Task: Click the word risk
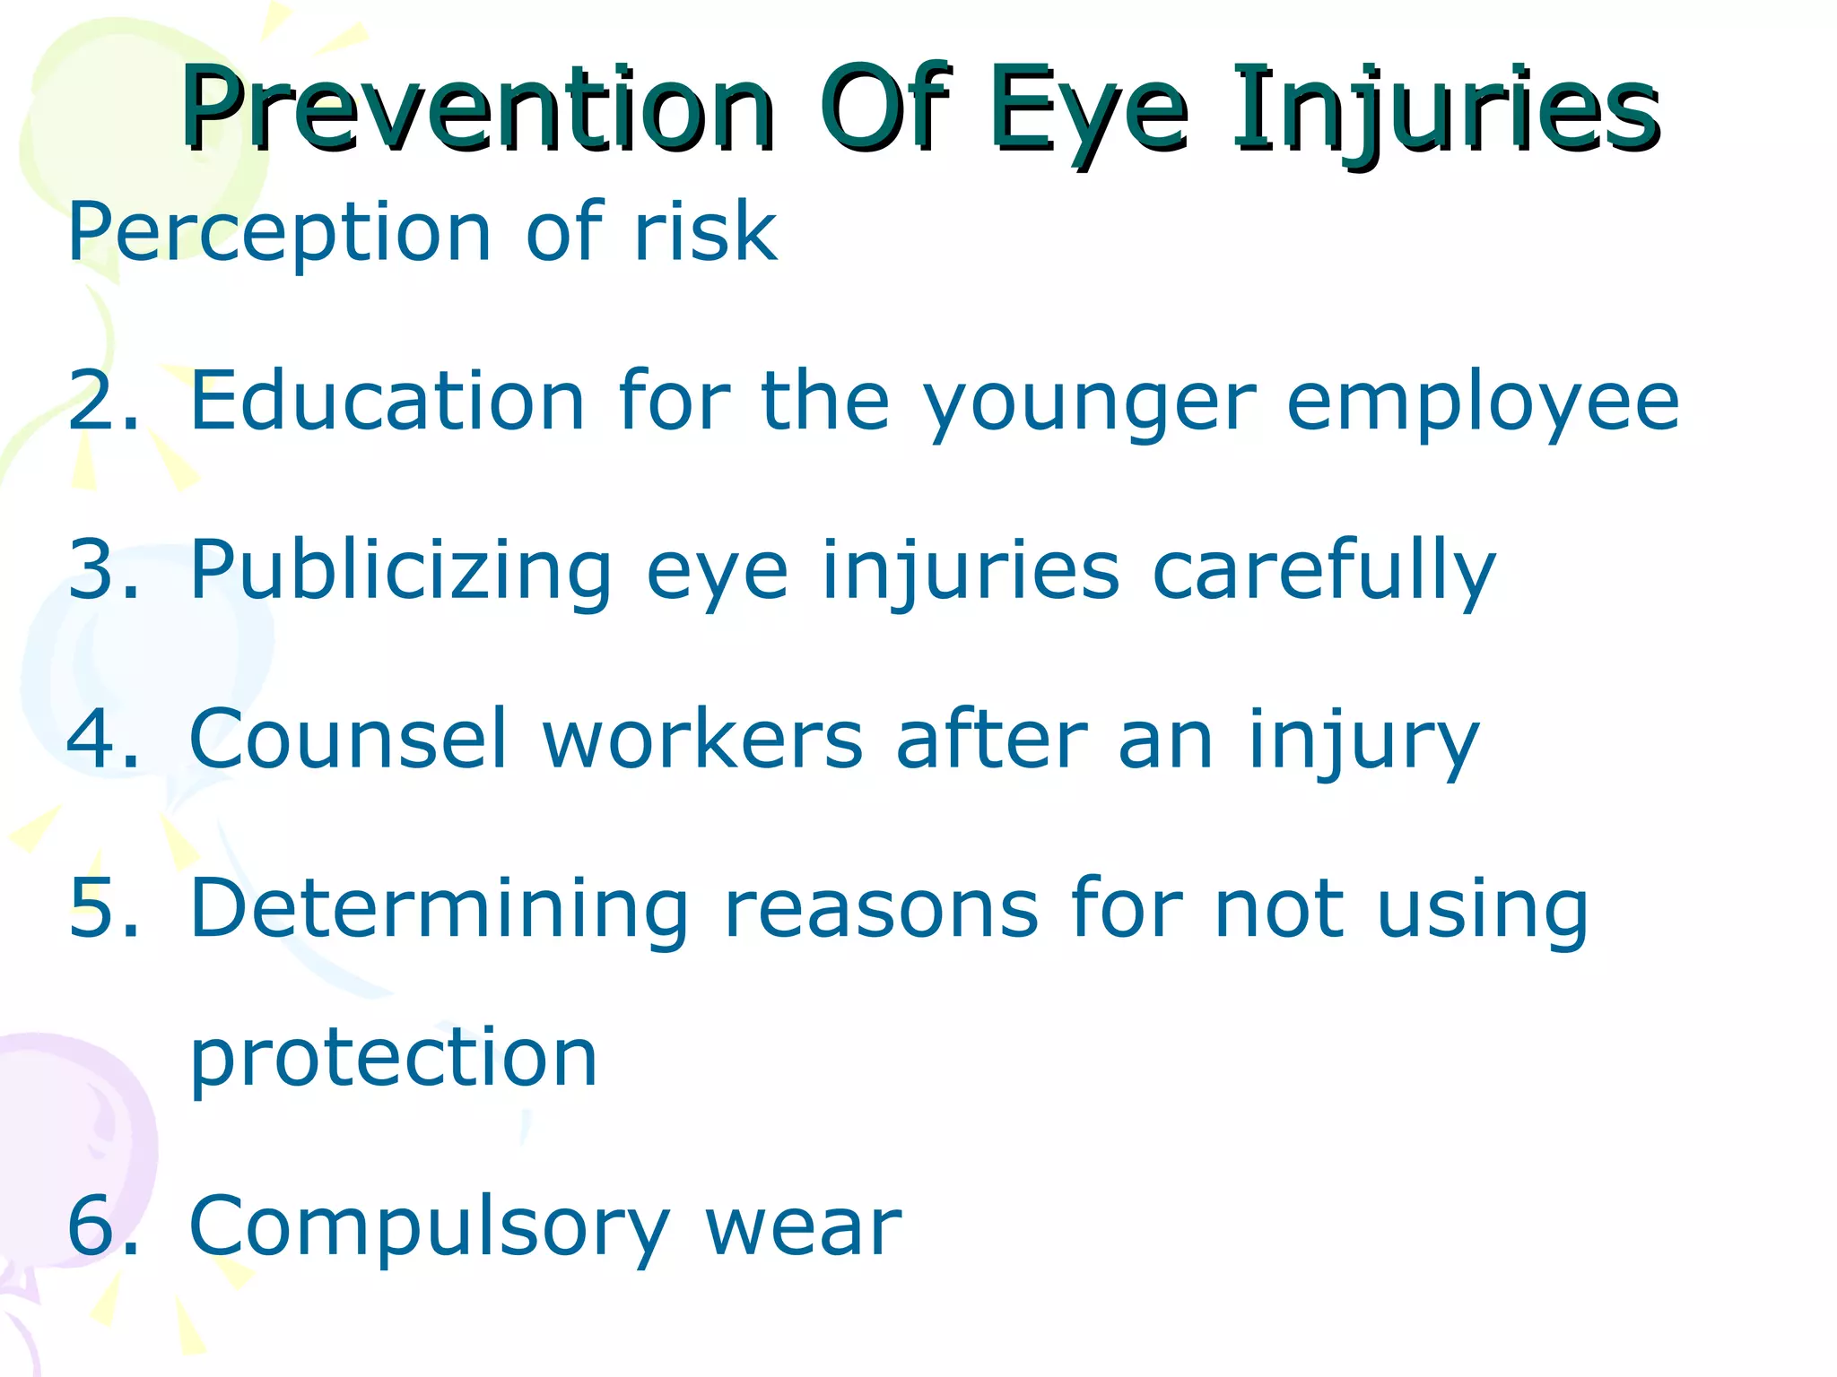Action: tap(705, 231)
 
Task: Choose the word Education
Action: tap(387, 402)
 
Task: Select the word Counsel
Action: tap(349, 739)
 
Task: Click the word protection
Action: tap(394, 1058)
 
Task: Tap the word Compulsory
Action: tap(430, 1226)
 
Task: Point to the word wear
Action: tap(803, 1226)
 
